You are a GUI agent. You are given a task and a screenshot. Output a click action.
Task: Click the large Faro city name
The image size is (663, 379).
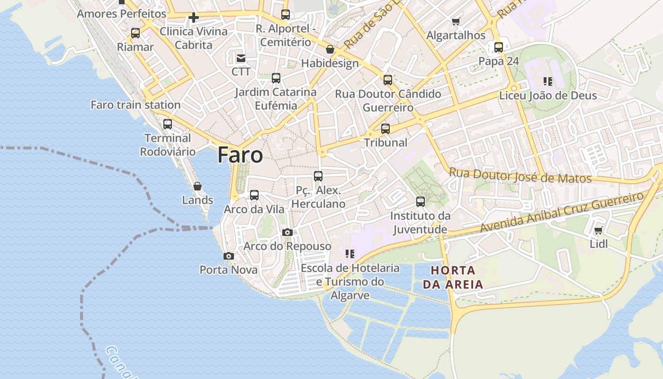pyautogui.click(x=240, y=155)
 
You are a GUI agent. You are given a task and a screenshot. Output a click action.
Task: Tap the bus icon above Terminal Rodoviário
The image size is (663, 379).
pyautogui.click(x=168, y=124)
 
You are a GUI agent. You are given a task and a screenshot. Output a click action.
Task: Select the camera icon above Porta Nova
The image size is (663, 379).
pyautogui.click(x=229, y=256)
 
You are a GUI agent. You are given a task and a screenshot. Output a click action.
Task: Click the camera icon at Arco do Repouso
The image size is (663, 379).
pyautogui.click(x=287, y=232)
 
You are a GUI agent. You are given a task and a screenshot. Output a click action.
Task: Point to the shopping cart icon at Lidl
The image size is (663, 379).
pyautogui.click(x=598, y=231)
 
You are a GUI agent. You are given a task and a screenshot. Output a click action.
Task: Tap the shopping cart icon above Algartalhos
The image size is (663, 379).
pyautogui.click(x=456, y=21)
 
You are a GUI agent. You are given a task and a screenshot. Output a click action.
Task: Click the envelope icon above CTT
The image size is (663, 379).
pyautogui.click(x=241, y=58)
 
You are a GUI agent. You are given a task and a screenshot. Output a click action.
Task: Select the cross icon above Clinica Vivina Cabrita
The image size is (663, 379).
pyautogui.click(x=193, y=18)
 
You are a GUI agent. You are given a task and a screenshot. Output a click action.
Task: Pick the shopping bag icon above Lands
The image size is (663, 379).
pyautogui.click(x=197, y=186)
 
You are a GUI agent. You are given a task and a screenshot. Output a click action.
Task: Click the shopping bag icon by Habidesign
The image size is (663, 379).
pyautogui.click(x=330, y=49)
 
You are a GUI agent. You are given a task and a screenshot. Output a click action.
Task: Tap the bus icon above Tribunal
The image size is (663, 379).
pyautogui.click(x=385, y=128)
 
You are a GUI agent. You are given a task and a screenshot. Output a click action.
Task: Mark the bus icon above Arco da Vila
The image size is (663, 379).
pyautogui.click(x=254, y=195)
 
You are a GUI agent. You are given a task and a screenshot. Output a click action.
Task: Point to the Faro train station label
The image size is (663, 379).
pyautogui.click(x=135, y=105)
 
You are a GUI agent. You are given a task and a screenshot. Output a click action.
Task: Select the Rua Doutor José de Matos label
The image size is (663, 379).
pyautogui.click(x=520, y=175)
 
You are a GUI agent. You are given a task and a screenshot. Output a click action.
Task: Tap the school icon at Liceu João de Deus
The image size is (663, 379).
pyautogui.click(x=548, y=81)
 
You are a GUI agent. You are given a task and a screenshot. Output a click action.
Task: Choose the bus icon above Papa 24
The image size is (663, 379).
pyautogui.click(x=499, y=47)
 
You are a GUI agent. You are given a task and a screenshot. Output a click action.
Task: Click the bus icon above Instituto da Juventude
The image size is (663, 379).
pyautogui.click(x=420, y=202)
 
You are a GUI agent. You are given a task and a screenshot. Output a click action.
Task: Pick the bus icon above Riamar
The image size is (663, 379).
pyautogui.click(x=135, y=33)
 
